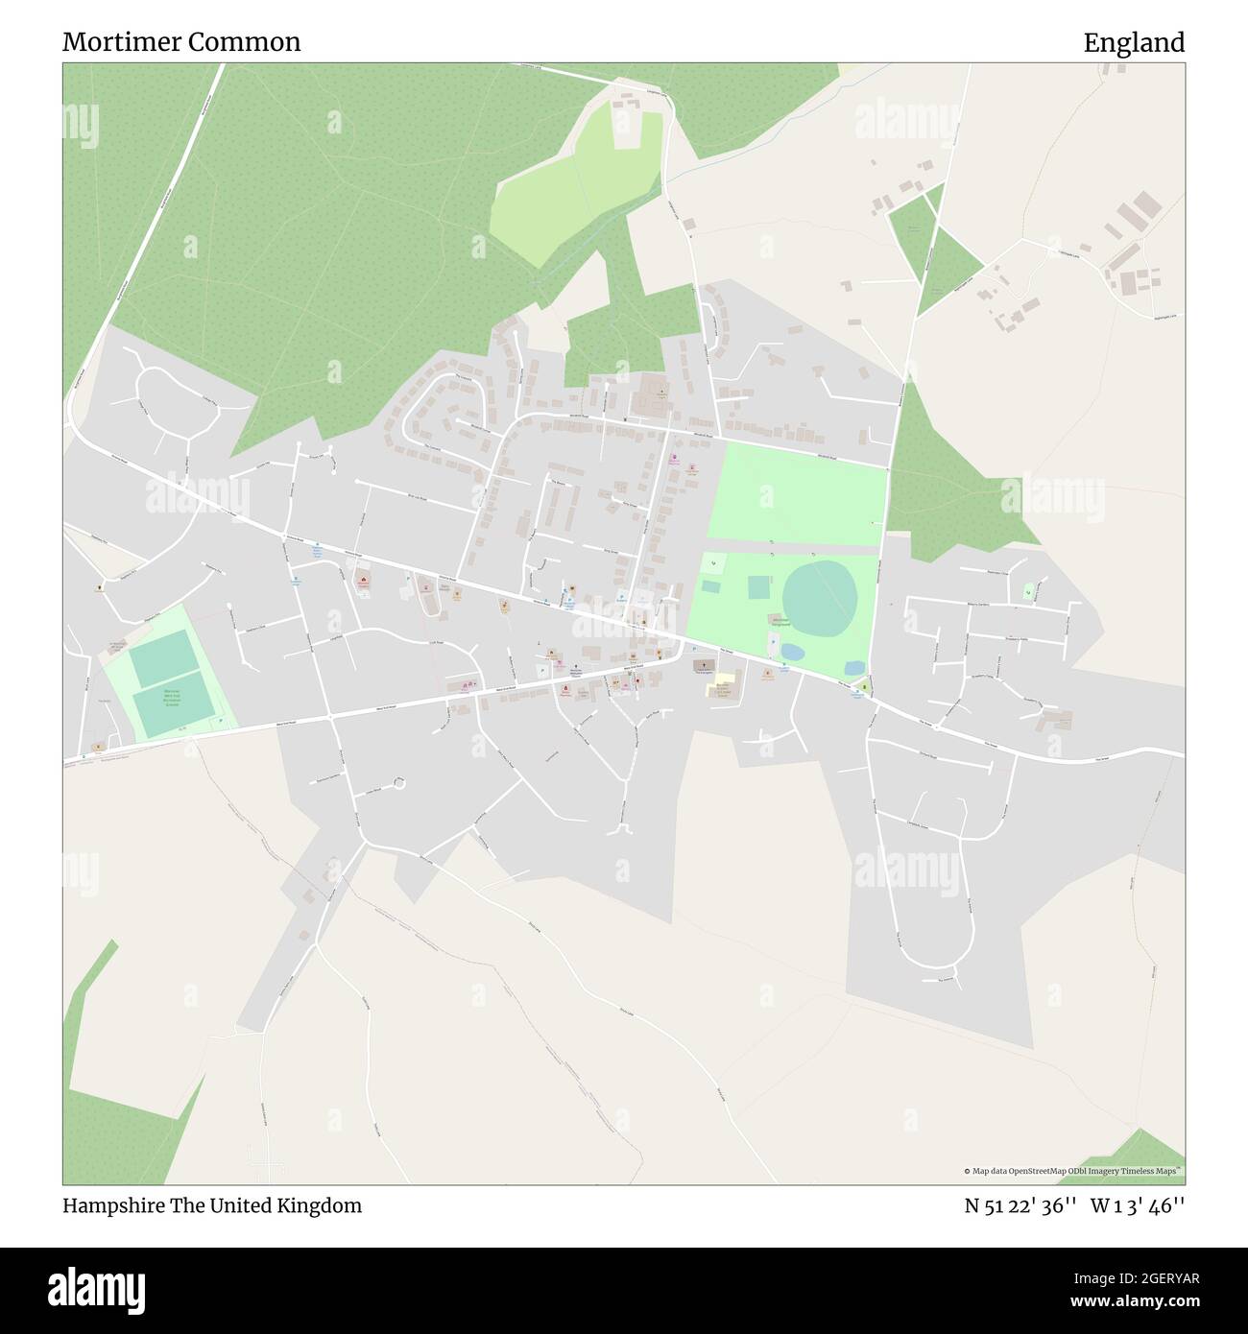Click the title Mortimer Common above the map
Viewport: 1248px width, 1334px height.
pos(181,42)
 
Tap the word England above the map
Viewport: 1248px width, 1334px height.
pos(1134,42)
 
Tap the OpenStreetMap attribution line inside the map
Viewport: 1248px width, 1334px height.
pos(1073,1171)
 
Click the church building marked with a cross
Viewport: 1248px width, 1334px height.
pos(703,665)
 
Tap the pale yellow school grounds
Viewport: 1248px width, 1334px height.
pos(722,687)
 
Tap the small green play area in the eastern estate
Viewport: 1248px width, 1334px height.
pos(1029,590)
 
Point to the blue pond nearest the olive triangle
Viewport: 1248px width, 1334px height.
pos(852,667)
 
